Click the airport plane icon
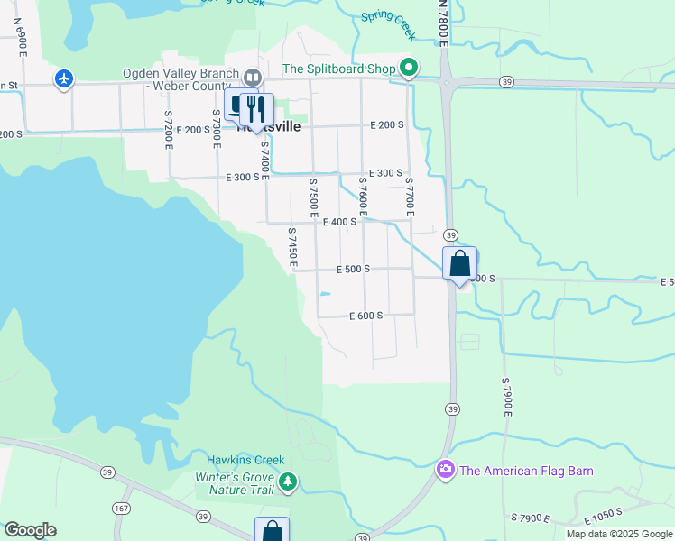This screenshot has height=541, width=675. coord(63,79)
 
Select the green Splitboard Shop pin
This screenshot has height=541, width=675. coord(409,68)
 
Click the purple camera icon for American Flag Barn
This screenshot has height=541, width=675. coord(445,470)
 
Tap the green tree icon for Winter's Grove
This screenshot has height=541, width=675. coord(288,482)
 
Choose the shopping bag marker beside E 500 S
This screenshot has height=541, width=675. coord(460,264)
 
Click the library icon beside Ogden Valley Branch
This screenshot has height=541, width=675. coord(253,77)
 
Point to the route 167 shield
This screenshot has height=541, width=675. coord(121,509)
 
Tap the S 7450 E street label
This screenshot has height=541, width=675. coord(292,247)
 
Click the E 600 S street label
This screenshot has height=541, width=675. coord(366,316)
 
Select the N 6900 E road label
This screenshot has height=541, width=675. coord(20,41)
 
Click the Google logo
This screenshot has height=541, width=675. coord(30,530)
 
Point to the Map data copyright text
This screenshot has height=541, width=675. coord(618,534)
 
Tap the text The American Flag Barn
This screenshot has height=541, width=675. coord(526,471)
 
